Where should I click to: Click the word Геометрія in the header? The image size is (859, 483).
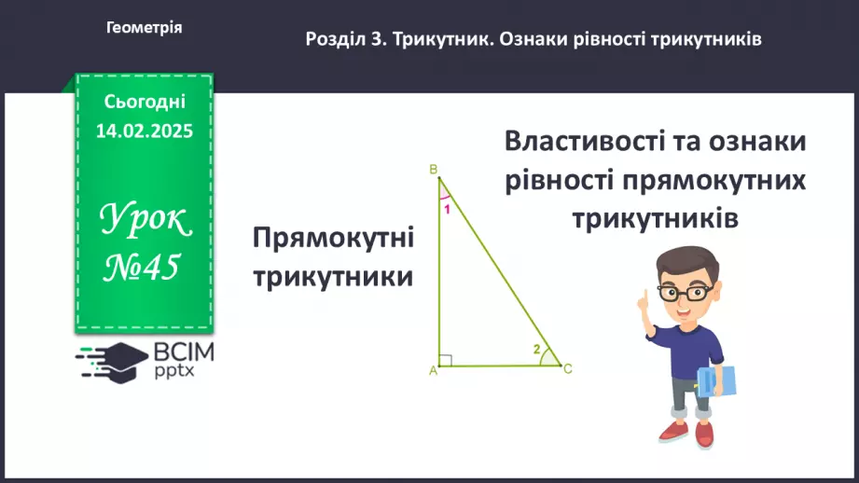[x=145, y=28]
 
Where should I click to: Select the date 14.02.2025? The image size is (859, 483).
[x=145, y=131]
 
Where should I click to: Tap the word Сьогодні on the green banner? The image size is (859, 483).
[x=145, y=101]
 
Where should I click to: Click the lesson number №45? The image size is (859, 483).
[x=141, y=268]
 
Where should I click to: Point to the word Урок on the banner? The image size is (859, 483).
[x=145, y=222]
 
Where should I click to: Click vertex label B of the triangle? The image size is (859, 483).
[x=434, y=169]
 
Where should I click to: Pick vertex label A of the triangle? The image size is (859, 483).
[x=433, y=371]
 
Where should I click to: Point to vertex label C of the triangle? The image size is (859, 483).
[x=567, y=369]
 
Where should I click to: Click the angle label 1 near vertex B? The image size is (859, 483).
[x=447, y=209]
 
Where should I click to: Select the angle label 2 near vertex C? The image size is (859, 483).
[x=536, y=350]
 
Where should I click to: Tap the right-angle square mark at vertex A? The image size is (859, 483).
[x=445, y=360]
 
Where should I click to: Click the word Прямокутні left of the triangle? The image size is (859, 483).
[x=333, y=240]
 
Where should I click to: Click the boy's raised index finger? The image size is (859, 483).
[x=643, y=297]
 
